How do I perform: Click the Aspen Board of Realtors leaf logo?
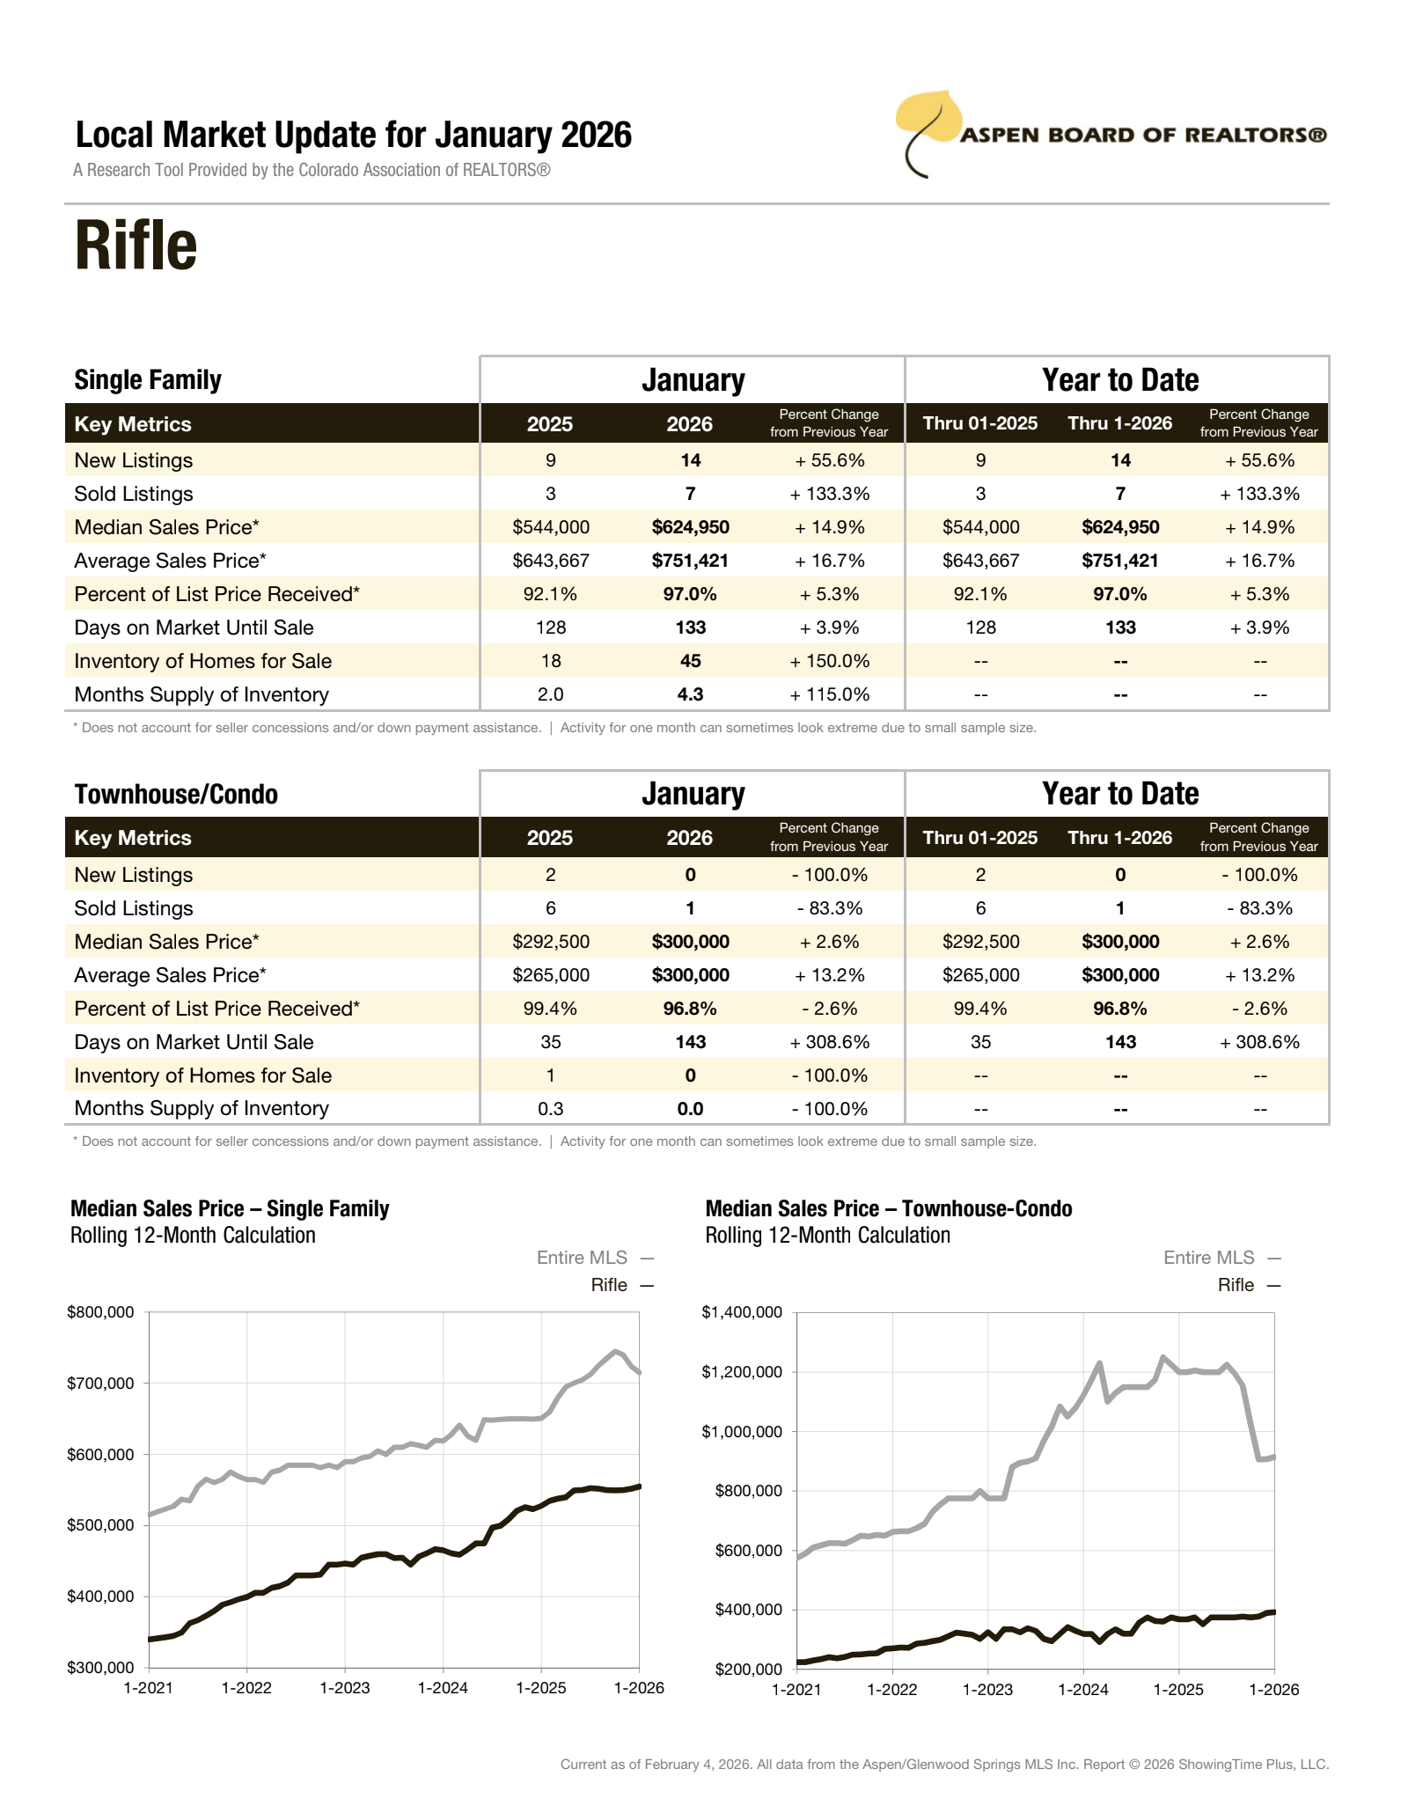point(928,128)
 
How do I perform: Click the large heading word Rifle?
point(136,246)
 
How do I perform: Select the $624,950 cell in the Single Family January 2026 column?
point(690,527)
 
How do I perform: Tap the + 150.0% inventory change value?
point(829,661)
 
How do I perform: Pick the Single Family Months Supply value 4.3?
point(690,694)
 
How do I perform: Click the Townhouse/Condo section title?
point(176,794)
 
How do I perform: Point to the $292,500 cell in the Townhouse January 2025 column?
point(551,942)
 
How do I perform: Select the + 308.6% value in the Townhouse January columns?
point(829,1042)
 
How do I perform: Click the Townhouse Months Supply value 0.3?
point(551,1109)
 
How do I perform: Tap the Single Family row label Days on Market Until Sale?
point(194,628)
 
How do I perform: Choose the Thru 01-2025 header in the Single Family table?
point(979,423)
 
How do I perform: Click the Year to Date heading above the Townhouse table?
point(1119,794)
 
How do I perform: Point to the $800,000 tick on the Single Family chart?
point(100,1312)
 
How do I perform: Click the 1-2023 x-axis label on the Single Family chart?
point(344,1688)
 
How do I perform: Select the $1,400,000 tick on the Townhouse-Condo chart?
point(741,1312)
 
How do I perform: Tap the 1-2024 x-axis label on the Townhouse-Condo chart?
point(1082,1690)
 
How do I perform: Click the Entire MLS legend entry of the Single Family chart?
point(582,1258)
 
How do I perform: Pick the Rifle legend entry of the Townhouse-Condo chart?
point(1236,1285)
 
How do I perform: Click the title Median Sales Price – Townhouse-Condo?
point(888,1208)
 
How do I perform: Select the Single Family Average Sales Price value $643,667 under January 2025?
point(551,561)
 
